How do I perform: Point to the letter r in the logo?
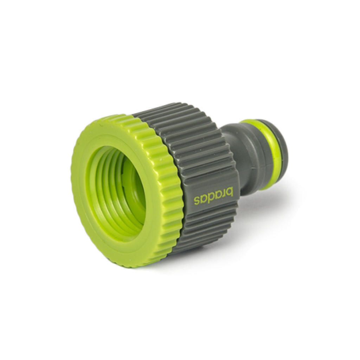(x=224, y=193)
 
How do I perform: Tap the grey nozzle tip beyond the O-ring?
(x=282, y=148)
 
